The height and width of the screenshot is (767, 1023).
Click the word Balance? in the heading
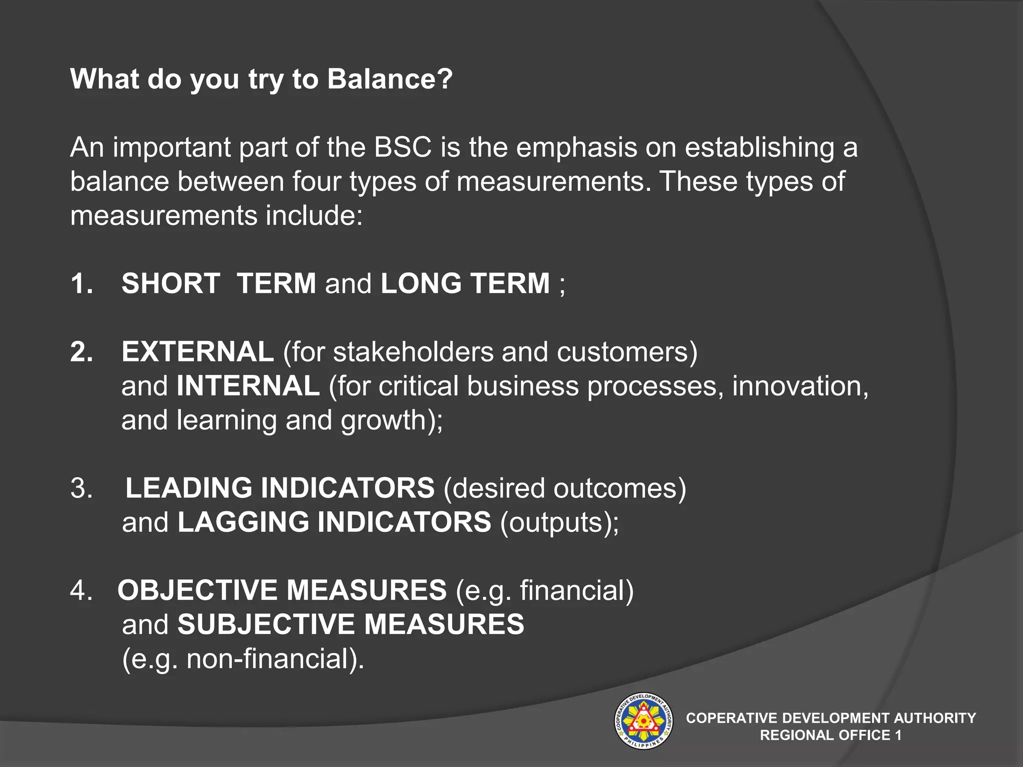click(390, 79)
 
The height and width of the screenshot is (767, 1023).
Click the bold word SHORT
click(171, 284)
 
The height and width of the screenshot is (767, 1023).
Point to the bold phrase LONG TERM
click(465, 284)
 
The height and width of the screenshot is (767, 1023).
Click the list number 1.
click(81, 284)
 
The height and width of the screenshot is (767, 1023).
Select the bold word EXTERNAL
click(198, 352)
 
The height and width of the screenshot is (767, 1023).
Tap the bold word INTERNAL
click(248, 386)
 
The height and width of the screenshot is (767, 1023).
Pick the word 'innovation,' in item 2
click(800, 386)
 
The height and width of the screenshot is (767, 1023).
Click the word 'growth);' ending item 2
click(392, 420)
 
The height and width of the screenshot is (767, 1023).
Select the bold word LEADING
click(189, 488)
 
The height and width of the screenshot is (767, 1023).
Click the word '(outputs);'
click(559, 522)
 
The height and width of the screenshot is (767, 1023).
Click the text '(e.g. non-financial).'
click(243, 659)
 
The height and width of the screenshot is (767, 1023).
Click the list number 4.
click(81, 590)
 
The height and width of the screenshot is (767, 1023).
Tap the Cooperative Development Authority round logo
click(643, 721)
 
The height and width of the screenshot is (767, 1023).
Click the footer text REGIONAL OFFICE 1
click(830, 735)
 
